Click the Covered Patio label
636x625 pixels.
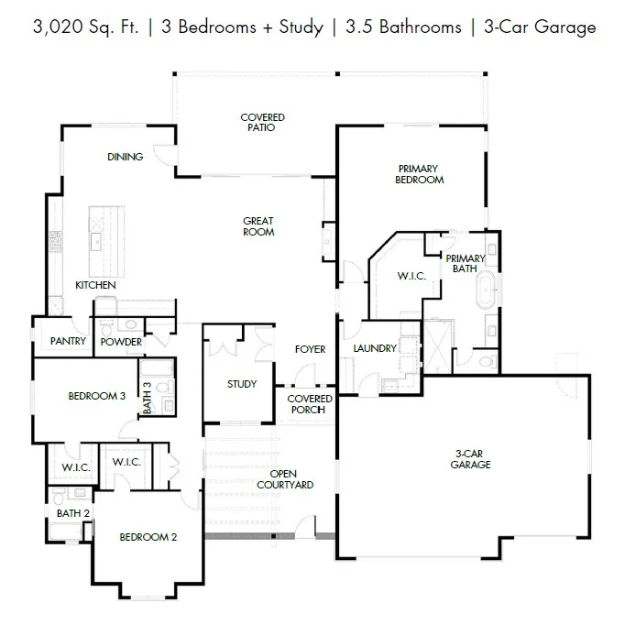(262, 122)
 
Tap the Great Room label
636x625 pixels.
(258, 226)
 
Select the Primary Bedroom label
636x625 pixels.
(419, 174)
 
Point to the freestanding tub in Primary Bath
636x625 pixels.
(486, 290)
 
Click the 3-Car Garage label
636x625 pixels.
(470, 459)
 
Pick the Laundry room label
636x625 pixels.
(375, 348)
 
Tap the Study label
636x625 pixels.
(242, 384)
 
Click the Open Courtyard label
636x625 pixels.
(285, 479)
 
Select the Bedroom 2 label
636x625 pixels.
(148, 537)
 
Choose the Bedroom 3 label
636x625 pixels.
(96, 396)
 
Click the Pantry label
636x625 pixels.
(68, 341)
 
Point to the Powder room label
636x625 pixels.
(121, 342)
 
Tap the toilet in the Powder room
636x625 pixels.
(106, 328)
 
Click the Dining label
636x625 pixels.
(125, 157)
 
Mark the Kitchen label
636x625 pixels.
(95, 285)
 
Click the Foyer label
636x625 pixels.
(310, 349)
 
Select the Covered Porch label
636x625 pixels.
(309, 404)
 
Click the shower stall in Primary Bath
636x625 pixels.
(438, 346)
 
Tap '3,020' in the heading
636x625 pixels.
(58, 27)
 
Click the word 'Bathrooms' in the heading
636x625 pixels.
(421, 27)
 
